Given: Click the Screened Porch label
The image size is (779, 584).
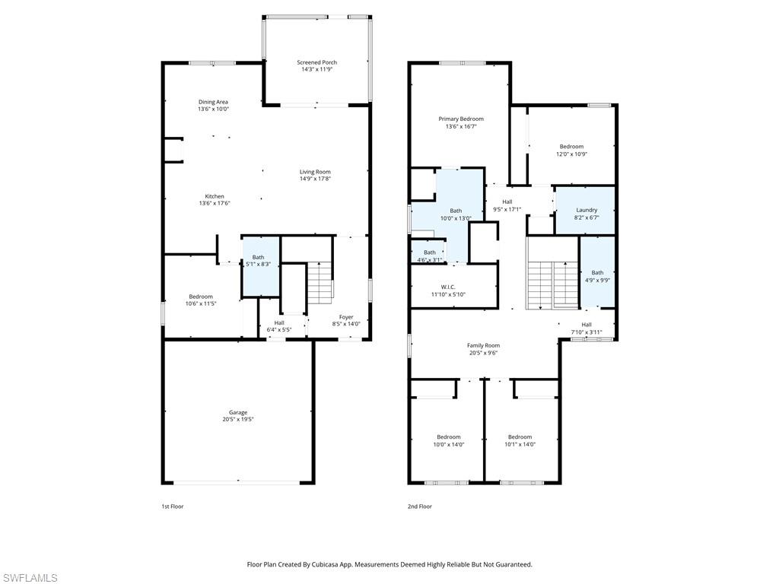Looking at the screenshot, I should click(x=316, y=62).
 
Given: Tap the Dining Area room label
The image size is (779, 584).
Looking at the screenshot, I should click(x=213, y=102).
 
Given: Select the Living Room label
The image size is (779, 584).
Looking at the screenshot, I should click(x=315, y=172).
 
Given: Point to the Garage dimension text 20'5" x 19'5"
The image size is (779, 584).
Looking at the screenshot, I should click(x=238, y=419).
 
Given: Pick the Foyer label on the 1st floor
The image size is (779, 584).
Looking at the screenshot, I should click(x=346, y=316).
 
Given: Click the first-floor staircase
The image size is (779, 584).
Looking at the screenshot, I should click(x=320, y=281).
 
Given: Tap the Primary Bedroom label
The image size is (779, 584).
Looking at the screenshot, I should click(x=460, y=119).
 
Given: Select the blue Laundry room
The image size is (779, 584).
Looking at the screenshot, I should click(x=586, y=210).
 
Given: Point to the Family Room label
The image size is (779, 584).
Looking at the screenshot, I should click(x=483, y=345).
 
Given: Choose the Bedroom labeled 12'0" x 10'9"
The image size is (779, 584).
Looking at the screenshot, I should click(x=571, y=147).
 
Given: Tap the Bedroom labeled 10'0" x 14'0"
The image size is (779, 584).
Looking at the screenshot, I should click(x=448, y=437).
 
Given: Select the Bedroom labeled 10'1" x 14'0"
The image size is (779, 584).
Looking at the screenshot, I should click(x=520, y=437).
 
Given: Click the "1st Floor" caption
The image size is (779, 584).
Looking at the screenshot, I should click(x=172, y=506).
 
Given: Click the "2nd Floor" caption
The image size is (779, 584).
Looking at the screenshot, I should click(x=420, y=506).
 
